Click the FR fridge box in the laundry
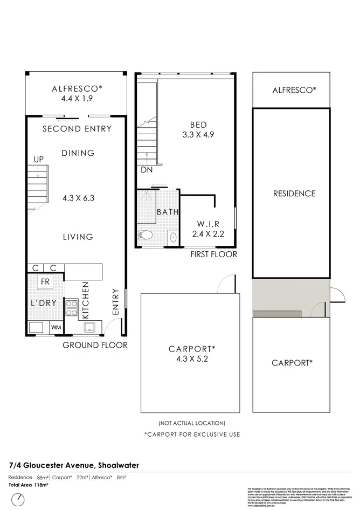45,282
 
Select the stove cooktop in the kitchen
72,308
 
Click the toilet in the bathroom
144,236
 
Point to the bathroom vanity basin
172,237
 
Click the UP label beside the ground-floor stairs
39,160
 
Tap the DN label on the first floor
147,170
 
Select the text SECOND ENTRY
77,129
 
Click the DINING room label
78,153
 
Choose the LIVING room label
78,237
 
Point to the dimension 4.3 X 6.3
78,198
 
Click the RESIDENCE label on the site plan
294,194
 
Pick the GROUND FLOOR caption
95,345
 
